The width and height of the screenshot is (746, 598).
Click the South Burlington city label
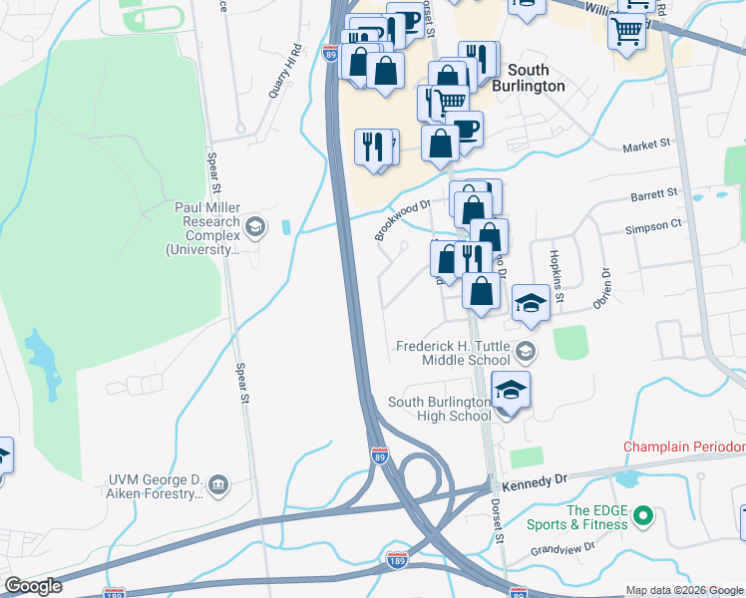pos(536,78)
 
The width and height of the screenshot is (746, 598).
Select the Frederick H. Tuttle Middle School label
pos(454,352)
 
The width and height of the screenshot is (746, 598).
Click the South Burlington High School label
pos(440,409)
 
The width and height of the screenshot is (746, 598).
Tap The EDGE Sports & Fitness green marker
pos(643,516)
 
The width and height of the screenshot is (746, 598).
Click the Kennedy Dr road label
pos(536,480)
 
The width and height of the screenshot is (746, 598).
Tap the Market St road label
pos(646,146)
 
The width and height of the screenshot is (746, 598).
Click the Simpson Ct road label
pos(654,227)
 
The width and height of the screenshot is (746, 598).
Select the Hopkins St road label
pos(557,276)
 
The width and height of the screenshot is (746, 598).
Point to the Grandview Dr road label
pos(563,547)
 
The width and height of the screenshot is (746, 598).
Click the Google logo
pos(32,586)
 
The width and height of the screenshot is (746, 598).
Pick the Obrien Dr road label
pos(601,288)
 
